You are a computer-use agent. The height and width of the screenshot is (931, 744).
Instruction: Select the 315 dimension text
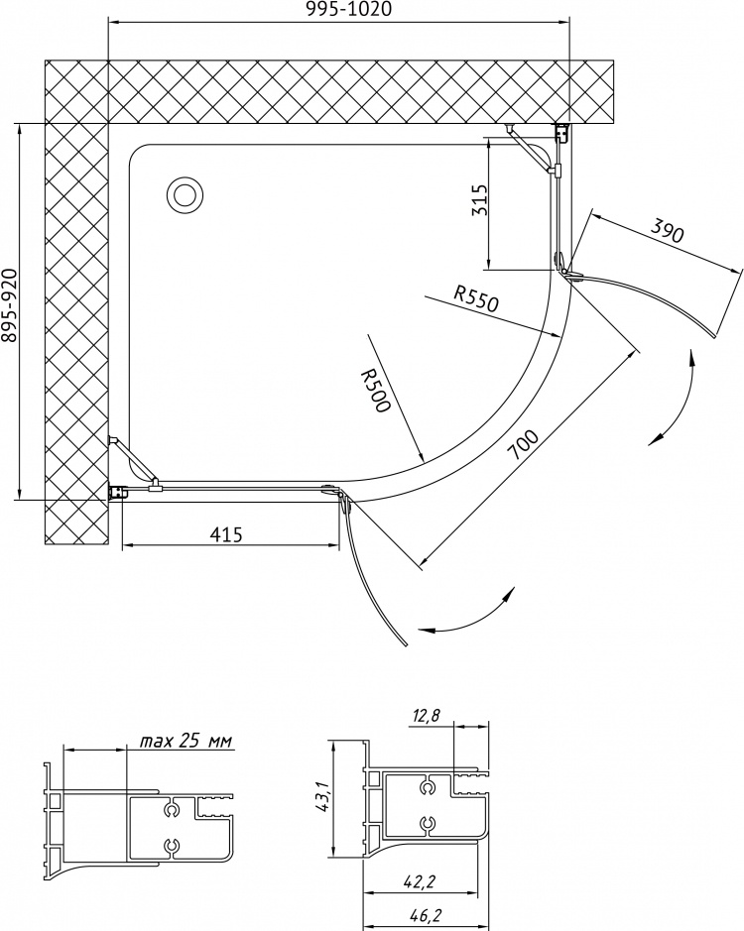pos(479,200)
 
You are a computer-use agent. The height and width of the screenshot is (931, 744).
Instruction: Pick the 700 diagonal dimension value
pos(525,445)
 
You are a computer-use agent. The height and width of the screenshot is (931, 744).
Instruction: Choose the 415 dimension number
pos(226,534)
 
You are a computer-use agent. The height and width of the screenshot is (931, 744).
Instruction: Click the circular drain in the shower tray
pos(186,194)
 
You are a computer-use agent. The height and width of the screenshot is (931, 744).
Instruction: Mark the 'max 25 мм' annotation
pos(186,741)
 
